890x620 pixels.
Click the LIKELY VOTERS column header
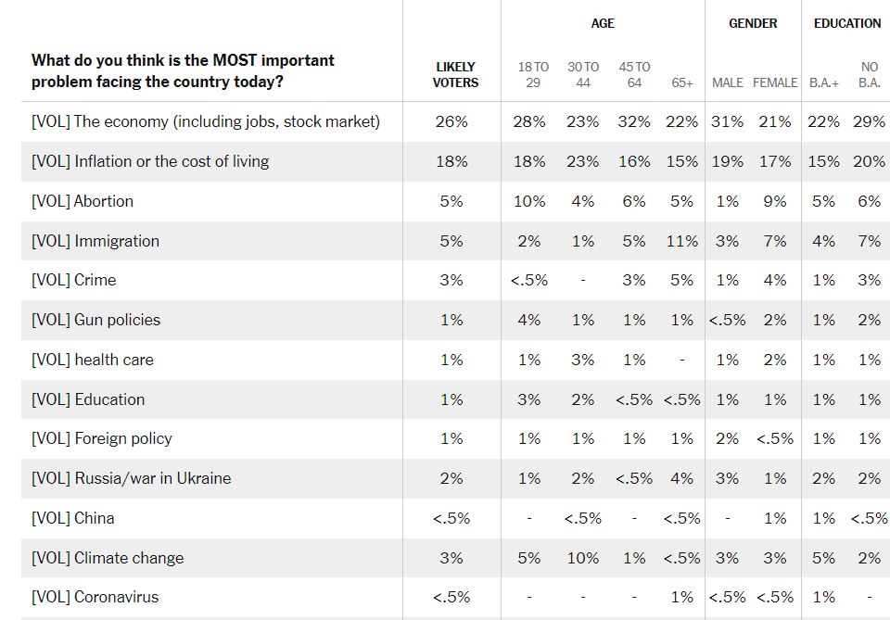(x=455, y=74)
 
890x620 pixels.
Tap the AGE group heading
(x=603, y=23)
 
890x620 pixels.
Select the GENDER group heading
(x=753, y=23)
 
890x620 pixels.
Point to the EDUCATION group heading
(x=847, y=23)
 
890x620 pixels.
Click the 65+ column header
(x=682, y=82)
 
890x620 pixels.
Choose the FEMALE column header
(x=775, y=82)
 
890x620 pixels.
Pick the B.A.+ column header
(x=823, y=82)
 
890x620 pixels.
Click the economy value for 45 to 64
(x=634, y=121)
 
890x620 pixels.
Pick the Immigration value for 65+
(x=682, y=241)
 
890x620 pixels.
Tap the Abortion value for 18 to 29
(x=529, y=201)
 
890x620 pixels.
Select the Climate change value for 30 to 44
(x=583, y=558)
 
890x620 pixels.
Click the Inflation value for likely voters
(x=451, y=161)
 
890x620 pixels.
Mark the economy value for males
(x=728, y=121)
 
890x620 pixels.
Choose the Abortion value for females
(x=775, y=201)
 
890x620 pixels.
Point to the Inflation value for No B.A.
(x=869, y=161)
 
